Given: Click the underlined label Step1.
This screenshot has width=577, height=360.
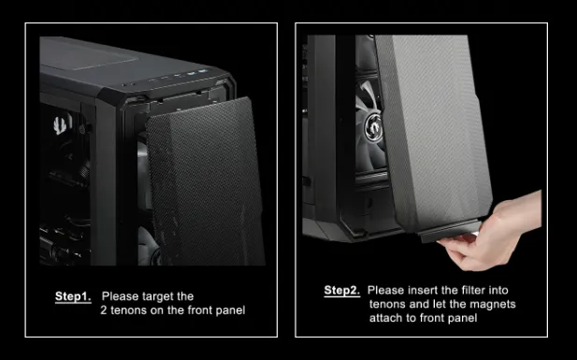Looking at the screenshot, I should tap(72, 296).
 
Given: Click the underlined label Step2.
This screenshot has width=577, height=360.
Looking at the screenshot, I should tap(341, 291).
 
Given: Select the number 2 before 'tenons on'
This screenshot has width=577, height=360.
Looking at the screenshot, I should tap(104, 310).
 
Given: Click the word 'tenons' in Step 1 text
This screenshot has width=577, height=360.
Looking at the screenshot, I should tap(128, 310).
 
